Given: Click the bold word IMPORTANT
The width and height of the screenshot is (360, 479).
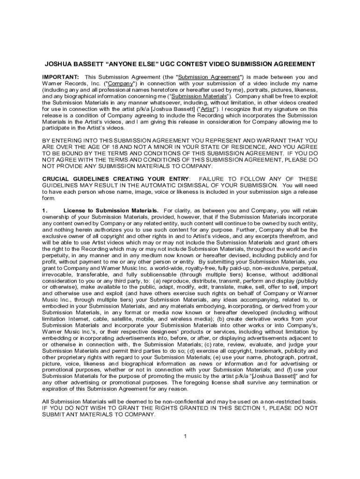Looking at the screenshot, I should coord(60,77).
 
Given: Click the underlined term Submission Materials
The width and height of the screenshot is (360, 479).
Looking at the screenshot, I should coord(195,96).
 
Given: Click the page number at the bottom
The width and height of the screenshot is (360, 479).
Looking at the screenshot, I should coord(185,436).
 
